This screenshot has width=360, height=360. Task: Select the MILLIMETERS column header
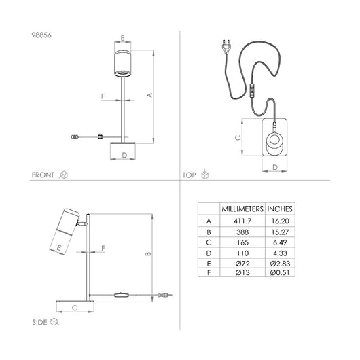(x=241, y=209)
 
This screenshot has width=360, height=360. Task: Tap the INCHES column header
(x=281, y=209)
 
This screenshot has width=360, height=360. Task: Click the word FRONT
(x=43, y=175)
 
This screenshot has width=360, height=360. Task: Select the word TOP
(x=189, y=175)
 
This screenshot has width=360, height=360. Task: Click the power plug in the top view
(x=226, y=47)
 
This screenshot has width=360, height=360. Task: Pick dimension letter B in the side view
(x=148, y=255)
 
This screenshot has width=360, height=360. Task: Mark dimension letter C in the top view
(x=237, y=136)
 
